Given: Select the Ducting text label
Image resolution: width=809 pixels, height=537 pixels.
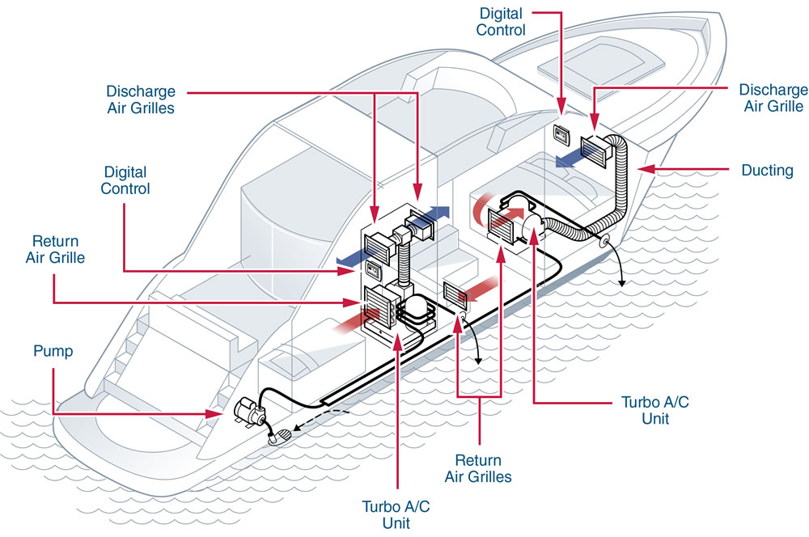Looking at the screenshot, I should click(x=767, y=171).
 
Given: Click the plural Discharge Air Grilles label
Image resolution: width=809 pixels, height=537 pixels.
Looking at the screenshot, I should click(x=140, y=97).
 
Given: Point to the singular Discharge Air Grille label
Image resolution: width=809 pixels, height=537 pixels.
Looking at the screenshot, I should click(x=773, y=98).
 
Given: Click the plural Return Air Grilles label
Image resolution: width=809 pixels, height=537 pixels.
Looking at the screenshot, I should click(x=478, y=467).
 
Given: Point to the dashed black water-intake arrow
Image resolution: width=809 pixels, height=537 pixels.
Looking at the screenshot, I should click(x=320, y=418).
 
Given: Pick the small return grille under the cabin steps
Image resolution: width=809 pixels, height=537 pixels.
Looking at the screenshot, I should click(x=455, y=294).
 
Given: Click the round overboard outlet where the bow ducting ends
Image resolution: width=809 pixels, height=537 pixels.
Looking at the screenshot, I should click(x=604, y=242).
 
